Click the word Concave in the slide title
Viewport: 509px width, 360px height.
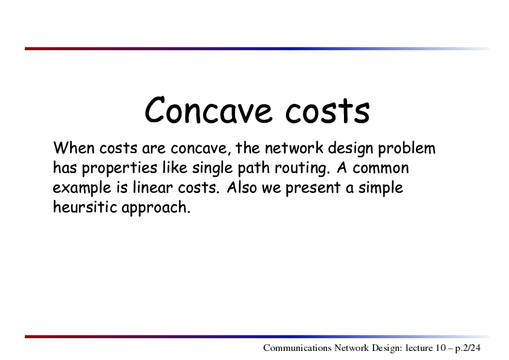[208, 110]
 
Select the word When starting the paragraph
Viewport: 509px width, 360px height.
[74, 148]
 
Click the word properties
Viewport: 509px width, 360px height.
[120, 169]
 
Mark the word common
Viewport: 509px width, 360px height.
[381, 168]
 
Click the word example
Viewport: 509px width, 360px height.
[82, 188]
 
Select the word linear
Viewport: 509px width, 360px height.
[152, 188]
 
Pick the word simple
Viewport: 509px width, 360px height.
[380, 188]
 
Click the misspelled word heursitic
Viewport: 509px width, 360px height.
[85, 208]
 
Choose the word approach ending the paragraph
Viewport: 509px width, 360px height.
[155, 208]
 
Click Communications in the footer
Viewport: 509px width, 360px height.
[297, 348]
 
